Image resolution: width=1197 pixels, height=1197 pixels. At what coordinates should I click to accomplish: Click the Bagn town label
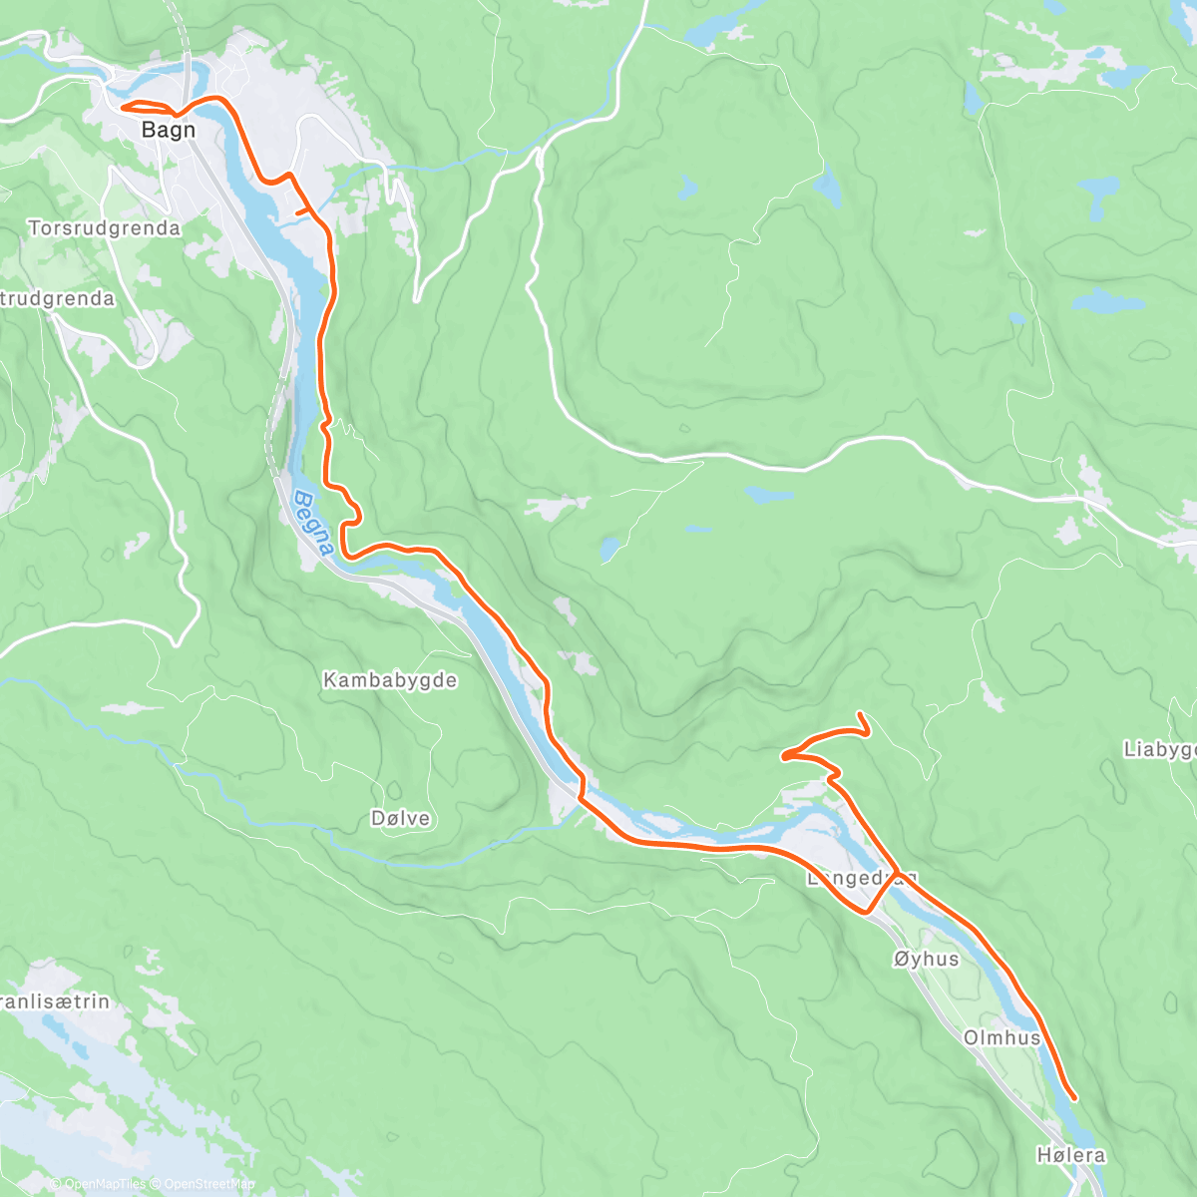(168, 130)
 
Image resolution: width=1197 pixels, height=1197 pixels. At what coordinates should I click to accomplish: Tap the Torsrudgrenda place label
(105, 228)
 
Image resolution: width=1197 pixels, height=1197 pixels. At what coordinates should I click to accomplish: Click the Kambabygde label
(390, 680)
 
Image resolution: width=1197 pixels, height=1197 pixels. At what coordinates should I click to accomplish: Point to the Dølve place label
(400, 818)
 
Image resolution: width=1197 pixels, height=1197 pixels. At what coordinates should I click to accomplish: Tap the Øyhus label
(926, 959)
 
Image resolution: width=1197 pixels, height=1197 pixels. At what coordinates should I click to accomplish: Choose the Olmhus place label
(1001, 1037)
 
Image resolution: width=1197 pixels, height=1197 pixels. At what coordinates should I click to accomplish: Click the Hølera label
(1070, 1155)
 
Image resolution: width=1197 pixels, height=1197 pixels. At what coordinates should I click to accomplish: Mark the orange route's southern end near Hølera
(1074, 1098)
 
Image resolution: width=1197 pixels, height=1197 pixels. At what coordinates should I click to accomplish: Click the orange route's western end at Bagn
(123, 106)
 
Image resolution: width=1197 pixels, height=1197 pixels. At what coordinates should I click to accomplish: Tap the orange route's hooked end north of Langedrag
(860, 715)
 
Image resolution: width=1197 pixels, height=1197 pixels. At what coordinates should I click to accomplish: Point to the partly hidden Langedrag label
(848, 879)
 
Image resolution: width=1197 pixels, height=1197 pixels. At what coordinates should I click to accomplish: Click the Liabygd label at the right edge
(1159, 749)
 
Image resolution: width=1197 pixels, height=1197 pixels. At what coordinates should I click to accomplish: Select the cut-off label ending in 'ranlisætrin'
(55, 1000)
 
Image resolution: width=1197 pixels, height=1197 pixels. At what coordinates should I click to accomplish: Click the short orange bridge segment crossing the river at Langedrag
(883, 893)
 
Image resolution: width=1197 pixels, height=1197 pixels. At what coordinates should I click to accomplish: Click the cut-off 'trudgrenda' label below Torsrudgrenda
(58, 298)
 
